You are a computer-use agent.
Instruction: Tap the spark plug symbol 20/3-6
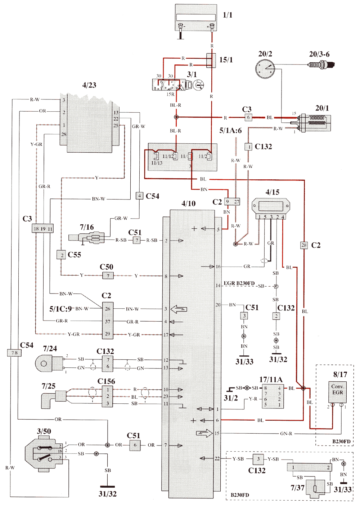point(321,65)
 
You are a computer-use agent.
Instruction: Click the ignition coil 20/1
point(315,122)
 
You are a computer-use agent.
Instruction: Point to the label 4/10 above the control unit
point(189,203)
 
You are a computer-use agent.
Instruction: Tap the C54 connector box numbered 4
point(139,196)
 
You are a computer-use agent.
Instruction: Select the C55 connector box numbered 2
point(61,255)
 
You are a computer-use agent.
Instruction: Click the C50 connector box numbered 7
point(108,276)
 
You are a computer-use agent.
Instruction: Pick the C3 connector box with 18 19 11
point(43,229)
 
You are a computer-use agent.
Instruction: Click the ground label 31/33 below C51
point(244,362)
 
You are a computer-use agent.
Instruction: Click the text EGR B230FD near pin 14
point(239,283)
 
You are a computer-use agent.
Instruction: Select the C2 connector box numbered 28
point(304,245)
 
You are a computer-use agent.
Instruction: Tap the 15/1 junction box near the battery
point(211,61)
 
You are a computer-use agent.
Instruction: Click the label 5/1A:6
point(230,130)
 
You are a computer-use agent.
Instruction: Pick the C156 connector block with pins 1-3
point(108,397)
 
